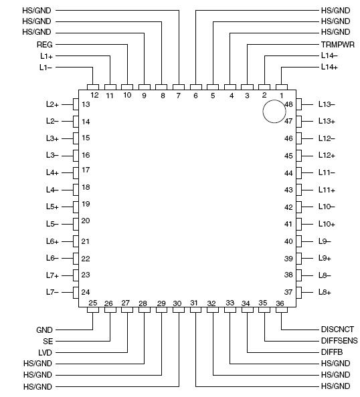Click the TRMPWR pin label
coord(337,44)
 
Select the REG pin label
coord(44,44)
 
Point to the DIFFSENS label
coord(339,340)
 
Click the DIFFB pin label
coord(332,352)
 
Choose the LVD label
coord(46,352)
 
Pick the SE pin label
coord(48,340)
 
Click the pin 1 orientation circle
coord(274,112)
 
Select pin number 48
coord(288,104)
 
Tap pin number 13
coord(86,104)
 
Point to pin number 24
coord(86,292)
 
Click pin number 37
coord(288,292)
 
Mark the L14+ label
coord(329,68)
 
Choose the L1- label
coord(46,68)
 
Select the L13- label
coord(327,104)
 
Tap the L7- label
coord(53,292)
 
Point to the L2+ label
coord(53,104)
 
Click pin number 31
coord(194,303)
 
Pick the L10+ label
coord(327,224)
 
